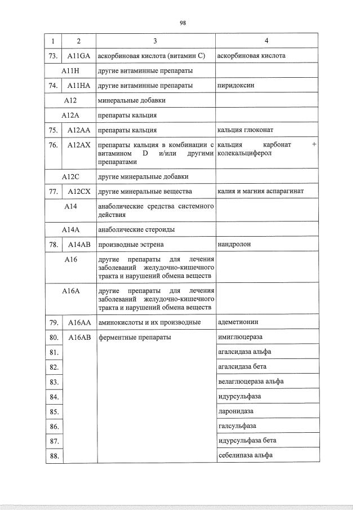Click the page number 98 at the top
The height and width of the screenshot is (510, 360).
point(183,23)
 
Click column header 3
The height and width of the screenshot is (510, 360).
point(155,41)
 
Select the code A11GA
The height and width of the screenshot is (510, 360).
point(79,56)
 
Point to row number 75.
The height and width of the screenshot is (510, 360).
point(54,130)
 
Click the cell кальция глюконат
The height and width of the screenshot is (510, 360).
point(243,130)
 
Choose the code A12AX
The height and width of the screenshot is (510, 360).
point(79,145)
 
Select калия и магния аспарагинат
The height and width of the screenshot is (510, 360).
point(260,192)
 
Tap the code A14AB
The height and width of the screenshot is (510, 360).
point(79,245)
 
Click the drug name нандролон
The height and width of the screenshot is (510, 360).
point(234,245)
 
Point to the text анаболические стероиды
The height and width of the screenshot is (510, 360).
point(136,230)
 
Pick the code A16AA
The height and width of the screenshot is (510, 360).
point(79,322)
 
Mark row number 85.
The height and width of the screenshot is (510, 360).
point(54,411)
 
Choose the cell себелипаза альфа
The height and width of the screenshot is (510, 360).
point(245,455)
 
